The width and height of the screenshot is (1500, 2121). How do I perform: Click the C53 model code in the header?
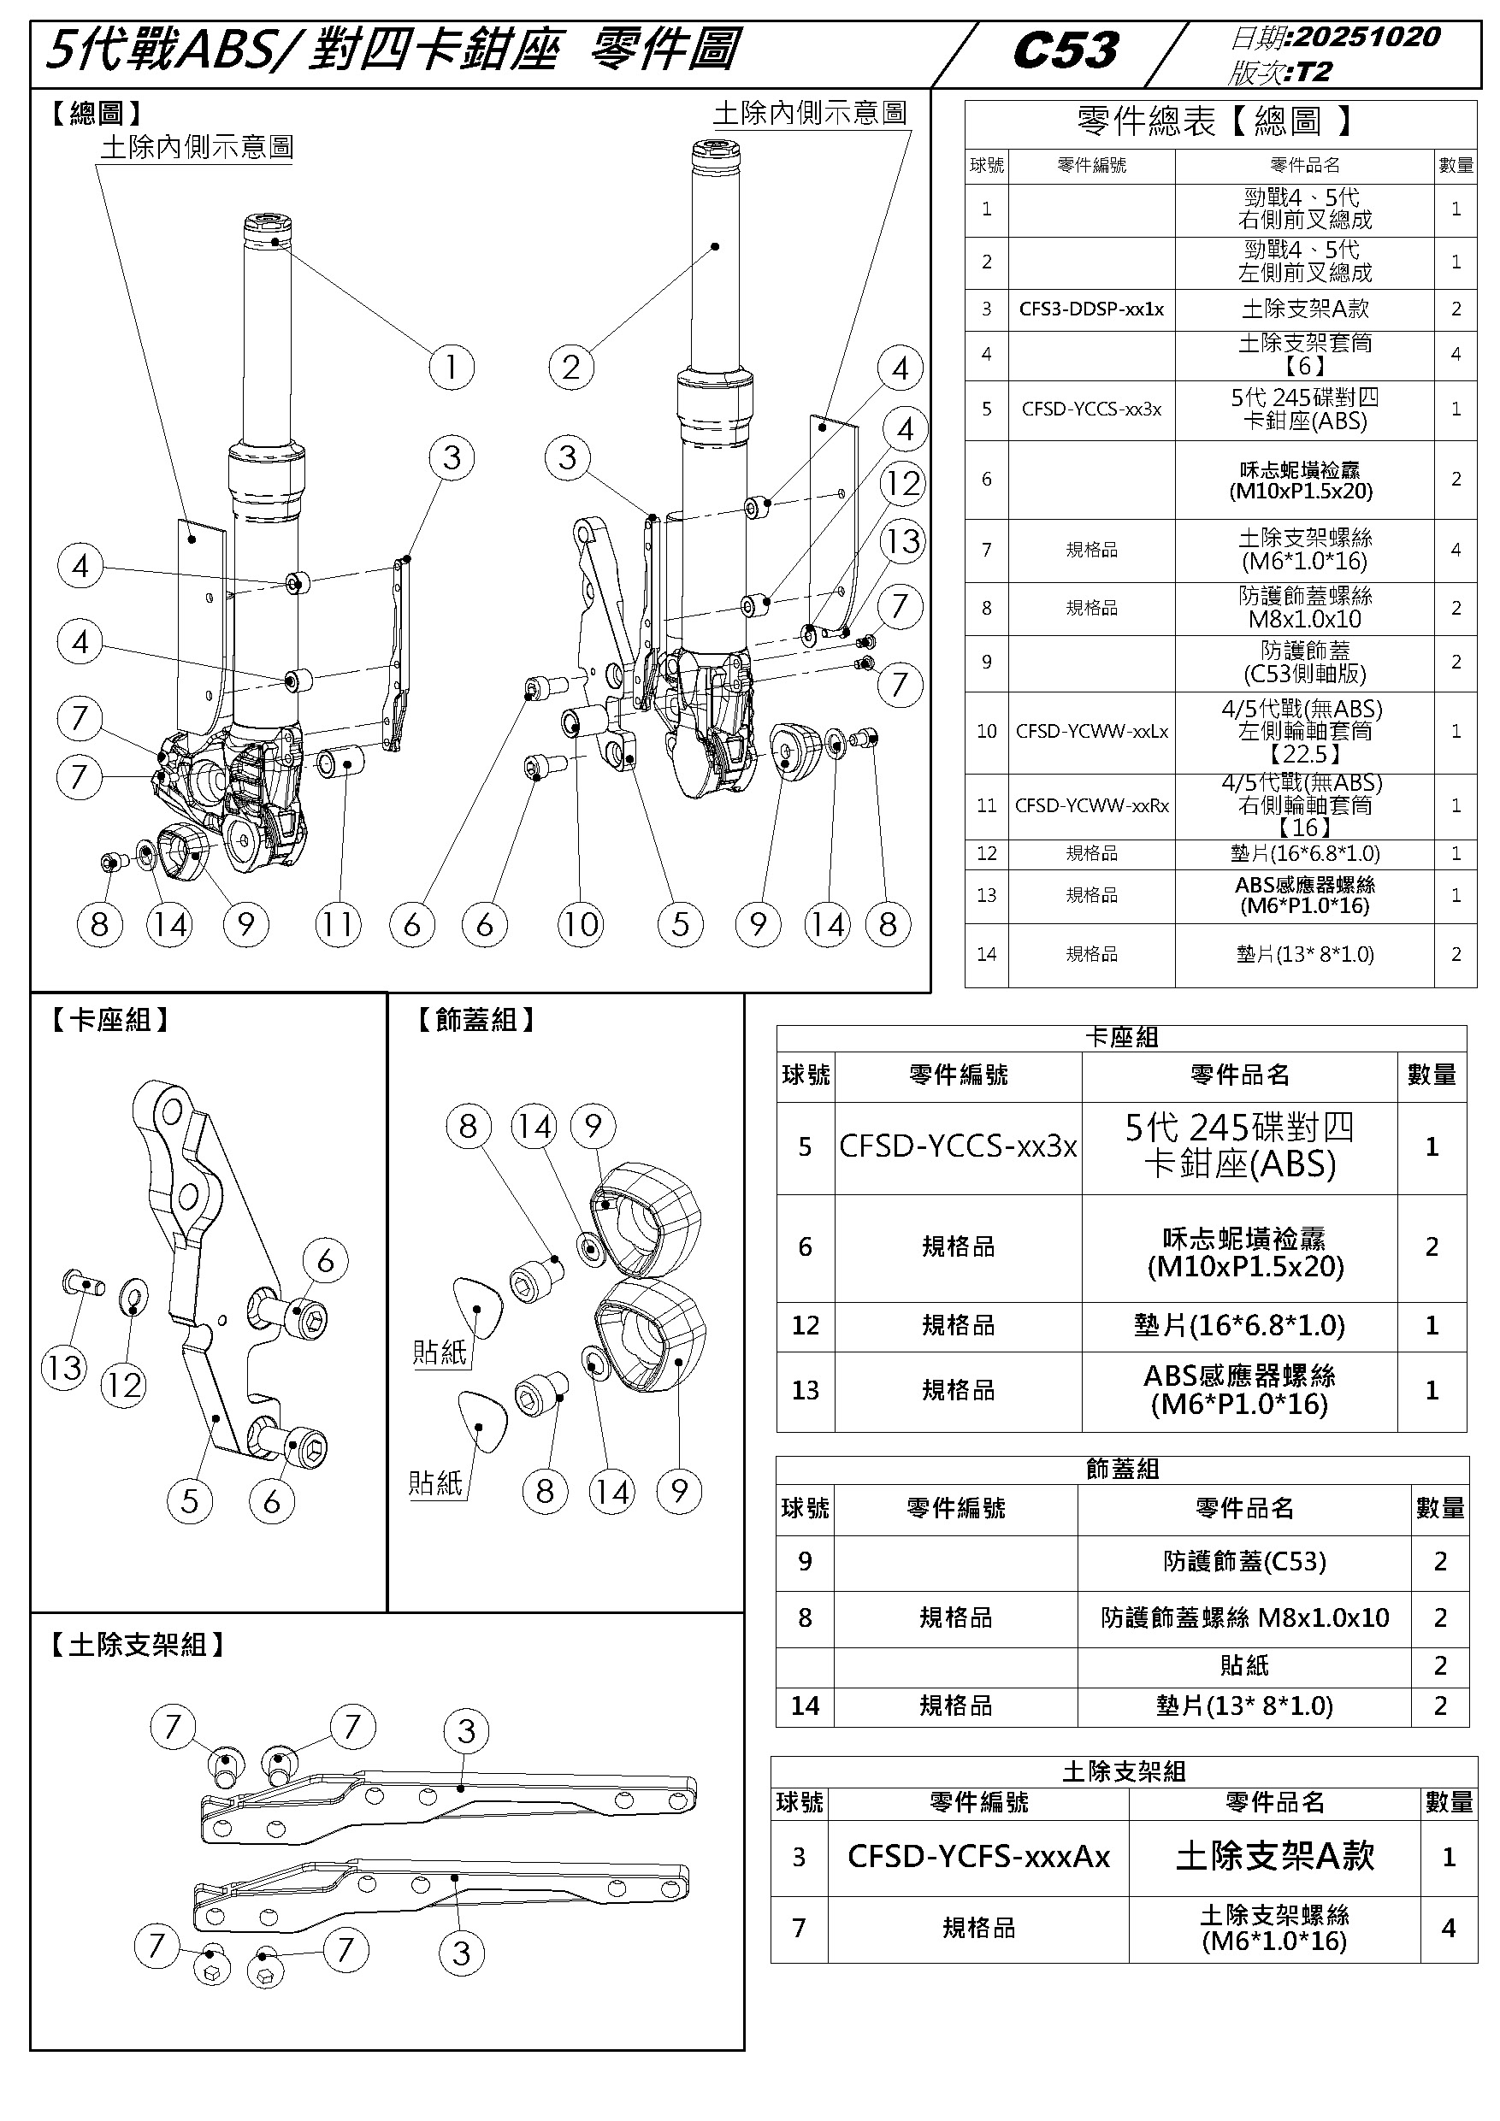click(1066, 50)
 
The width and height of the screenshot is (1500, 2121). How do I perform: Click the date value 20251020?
click(1367, 37)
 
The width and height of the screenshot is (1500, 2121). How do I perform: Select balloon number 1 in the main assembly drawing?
click(451, 368)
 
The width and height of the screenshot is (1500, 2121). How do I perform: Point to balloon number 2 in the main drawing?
click(570, 368)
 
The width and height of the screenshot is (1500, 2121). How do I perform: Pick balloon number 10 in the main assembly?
click(580, 925)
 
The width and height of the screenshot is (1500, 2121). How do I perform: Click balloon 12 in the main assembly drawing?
click(903, 483)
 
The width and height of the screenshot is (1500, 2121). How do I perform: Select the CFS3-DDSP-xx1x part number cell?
click(1091, 309)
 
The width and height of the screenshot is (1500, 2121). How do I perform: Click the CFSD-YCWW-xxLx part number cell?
click(1091, 732)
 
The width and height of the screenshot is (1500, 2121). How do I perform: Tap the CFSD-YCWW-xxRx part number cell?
click(1091, 805)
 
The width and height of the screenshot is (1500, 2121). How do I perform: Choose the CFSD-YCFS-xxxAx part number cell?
click(978, 1856)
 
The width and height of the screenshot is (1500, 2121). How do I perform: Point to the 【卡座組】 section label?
click(109, 1020)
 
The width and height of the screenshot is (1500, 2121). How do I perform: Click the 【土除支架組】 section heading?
click(137, 1644)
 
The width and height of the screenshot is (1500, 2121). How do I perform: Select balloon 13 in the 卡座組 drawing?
click(64, 1367)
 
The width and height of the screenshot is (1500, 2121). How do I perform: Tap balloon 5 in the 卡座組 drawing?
click(190, 1501)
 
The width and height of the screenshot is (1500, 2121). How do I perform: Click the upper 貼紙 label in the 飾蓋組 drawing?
click(440, 1352)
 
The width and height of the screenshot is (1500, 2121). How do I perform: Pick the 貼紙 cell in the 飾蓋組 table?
click(1244, 1665)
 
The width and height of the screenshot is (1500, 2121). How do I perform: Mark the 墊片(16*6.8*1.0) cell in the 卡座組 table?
click(1239, 1326)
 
